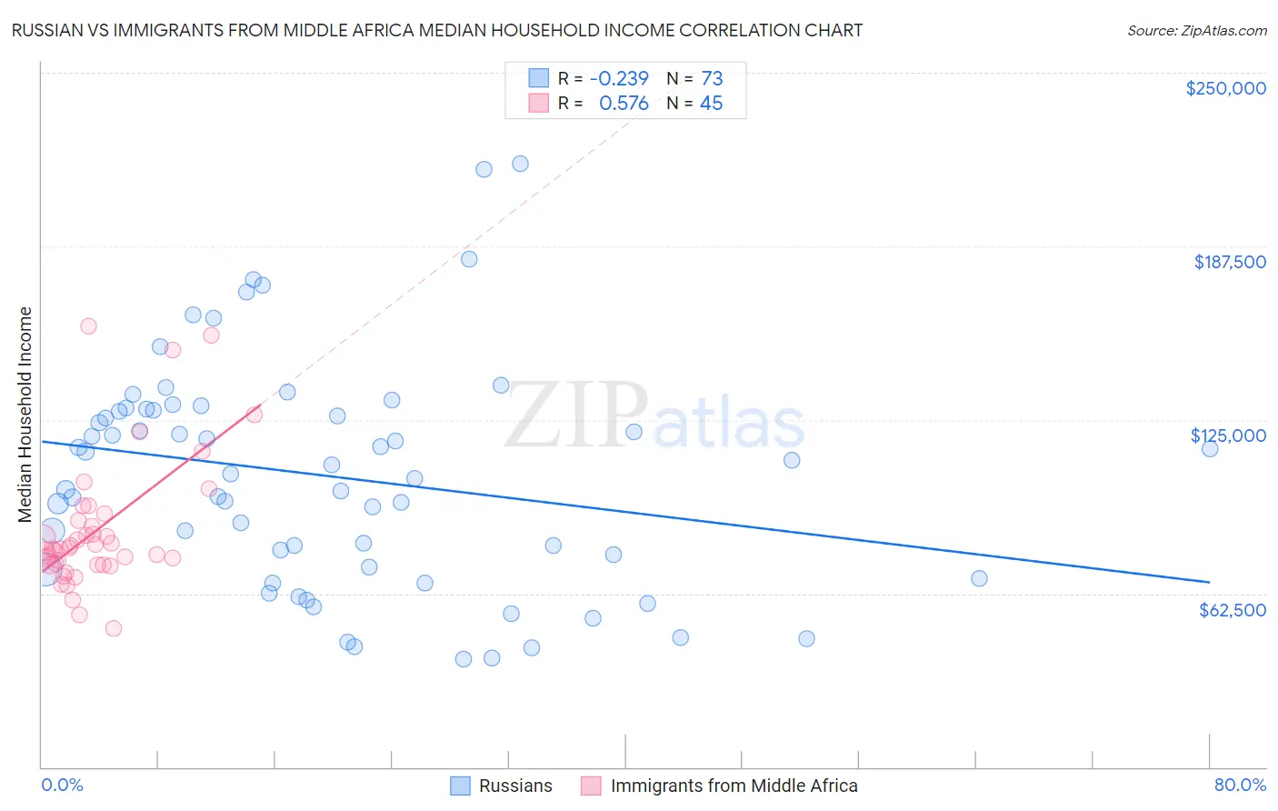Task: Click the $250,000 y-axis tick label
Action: (1225, 88)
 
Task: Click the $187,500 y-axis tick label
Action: (1229, 262)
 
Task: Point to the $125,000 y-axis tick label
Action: (1228, 436)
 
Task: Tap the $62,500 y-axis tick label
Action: (1232, 610)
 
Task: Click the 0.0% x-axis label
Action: (62, 785)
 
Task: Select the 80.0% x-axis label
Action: (1240, 785)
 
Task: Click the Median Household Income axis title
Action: (25, 415)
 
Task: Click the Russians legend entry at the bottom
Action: (514, 786)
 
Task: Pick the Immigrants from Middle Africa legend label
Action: (734, 786)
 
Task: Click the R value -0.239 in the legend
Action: (619, 78)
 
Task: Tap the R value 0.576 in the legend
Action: (624, 104)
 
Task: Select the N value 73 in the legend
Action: (712, 78)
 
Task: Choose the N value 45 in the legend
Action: (711, 104)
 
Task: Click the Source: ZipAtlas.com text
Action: (1196, 30)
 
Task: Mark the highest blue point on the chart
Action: (520, 164)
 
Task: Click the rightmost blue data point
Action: (1209, 448)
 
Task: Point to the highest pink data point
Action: (88, 326)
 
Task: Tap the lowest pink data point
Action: (114, 628)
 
